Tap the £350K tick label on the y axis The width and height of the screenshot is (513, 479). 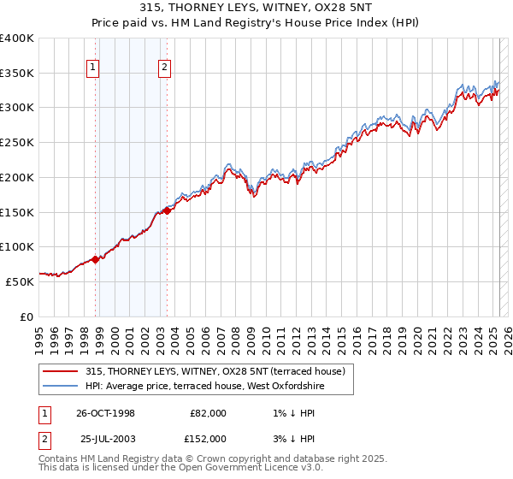(x=17, y=73)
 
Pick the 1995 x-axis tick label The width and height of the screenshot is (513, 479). (x=39, y=335)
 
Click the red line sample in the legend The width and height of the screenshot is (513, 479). (x=61, y=371)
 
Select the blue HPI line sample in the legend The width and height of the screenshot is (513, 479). (x=61, y=387)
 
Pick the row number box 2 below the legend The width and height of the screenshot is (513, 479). (x=44, y=438)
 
